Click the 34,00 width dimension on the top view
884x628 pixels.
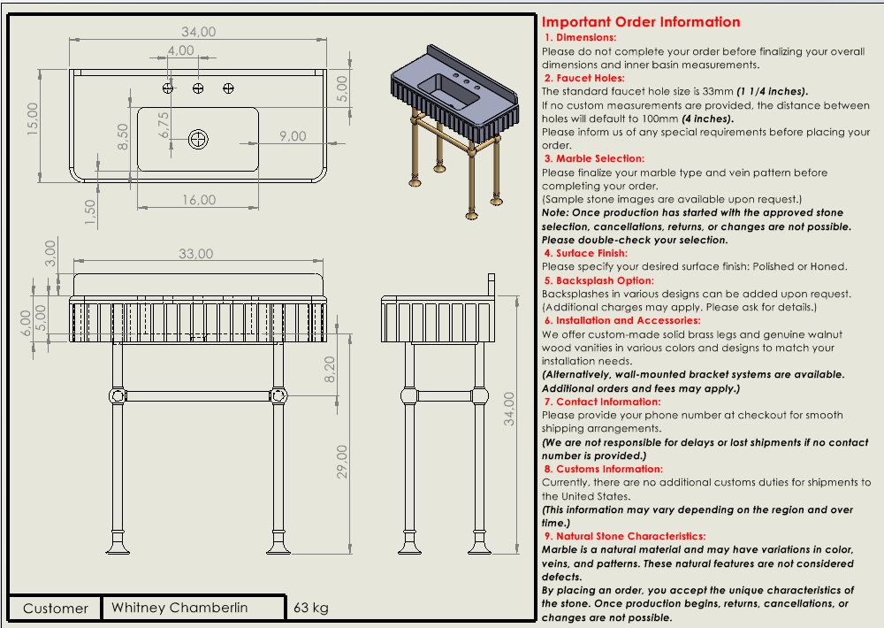click(x=198, y=32)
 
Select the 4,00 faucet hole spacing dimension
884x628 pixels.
click(x=180, y=51)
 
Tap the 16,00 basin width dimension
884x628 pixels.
click(x=198, y=200)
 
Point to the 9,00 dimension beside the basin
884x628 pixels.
click(x=292, y=136)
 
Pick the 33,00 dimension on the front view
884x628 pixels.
click(x=196, y=253)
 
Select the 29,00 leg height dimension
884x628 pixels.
click(x=342, y=462)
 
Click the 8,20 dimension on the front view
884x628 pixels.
click(x=331, y=368)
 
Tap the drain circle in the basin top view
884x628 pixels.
click(x=199, y=138)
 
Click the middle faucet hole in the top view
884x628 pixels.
click(x=199, y=88)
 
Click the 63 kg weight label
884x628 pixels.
click(x=310, y=608)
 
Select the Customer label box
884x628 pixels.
click(x=55, y=609)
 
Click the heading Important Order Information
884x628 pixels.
click(x=641, y=22)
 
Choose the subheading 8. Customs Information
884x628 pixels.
click(x=603, y=470)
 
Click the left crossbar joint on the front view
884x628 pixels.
click(x=115, y=395)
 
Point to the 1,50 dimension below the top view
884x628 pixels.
click(x=90, y=212)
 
